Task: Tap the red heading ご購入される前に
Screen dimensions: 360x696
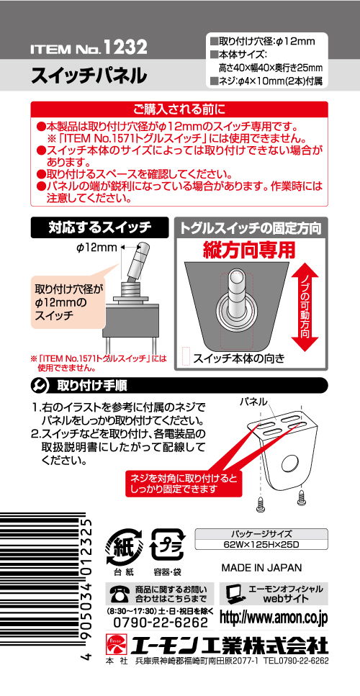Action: (179, 108)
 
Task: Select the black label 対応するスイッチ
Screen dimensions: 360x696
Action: (99, 227)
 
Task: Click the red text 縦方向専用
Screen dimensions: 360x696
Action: (249, 250)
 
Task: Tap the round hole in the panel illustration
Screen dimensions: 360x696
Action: (290, 463)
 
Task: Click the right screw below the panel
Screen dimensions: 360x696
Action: (302, 496)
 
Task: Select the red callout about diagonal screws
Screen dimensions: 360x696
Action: (183, 484)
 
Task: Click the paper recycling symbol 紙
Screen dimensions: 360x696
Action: (124, 546)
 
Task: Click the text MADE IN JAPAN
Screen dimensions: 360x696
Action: (261, 568)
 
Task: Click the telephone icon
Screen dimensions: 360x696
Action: (118, 594)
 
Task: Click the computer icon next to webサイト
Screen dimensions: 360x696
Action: (234, 594)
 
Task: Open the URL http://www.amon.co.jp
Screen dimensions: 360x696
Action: (274, 618)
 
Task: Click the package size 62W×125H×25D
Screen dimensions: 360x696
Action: (261, 545)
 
